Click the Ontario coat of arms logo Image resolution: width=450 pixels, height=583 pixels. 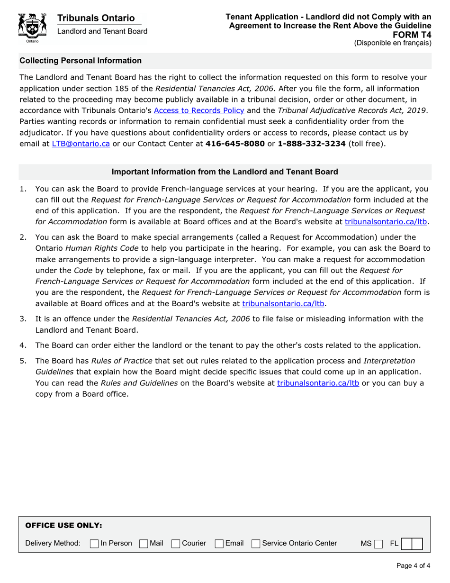click(32, 27)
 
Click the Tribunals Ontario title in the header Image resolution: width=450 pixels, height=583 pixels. click(96, 18)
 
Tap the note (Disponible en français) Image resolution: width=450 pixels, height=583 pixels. click(393, 43)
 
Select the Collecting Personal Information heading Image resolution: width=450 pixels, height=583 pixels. click(80, 61)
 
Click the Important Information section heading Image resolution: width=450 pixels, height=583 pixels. click(225, 172)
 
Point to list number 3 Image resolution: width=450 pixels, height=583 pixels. click(23, 319)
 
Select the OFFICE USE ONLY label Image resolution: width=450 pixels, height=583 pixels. click(63, 526)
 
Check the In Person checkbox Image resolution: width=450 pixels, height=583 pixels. click(94, 543)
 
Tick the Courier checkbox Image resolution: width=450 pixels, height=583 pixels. click(176, 543)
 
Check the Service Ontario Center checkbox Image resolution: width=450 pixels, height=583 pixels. click(256, 543)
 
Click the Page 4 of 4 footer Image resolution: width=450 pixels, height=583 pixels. click(413, 565)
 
